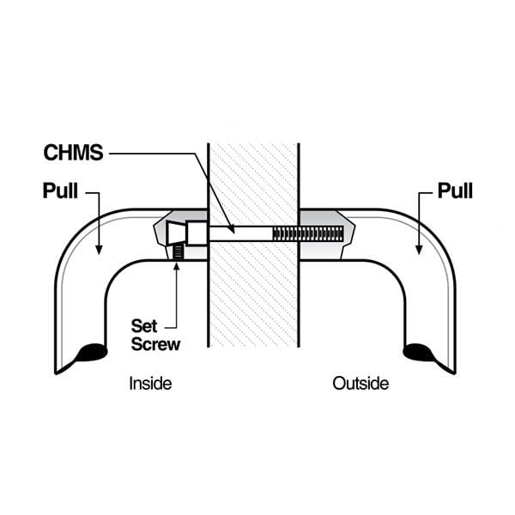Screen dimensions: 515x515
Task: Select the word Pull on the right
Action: [456, 190]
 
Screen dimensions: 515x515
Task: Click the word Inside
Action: [150, 383]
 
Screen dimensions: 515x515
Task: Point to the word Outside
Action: [360, 383]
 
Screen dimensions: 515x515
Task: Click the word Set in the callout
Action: [143, 326]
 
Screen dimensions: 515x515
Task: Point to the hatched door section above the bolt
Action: [253, 180]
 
